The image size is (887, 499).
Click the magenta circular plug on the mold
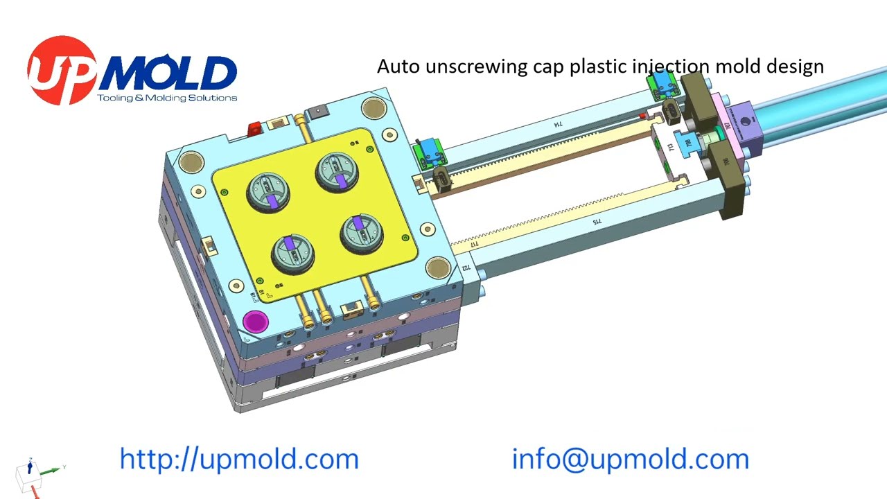tap(256, 322)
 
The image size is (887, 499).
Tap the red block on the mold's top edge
tap(254, 129)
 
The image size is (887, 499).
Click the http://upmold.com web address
tap(239, 459)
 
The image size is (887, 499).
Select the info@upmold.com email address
tap(630, 459)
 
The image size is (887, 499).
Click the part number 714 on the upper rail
tap(557, 125)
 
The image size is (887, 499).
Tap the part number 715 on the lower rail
tap(596, 222)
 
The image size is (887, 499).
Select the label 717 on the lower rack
tap(475, 244)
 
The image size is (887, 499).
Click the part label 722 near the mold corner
tap(466, 268)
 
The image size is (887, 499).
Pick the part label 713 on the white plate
tap(670, 147)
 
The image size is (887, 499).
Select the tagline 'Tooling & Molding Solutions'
tap(167, 98)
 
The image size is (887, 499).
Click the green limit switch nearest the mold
tap(431, 152)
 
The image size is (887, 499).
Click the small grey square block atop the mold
tap(317, 111)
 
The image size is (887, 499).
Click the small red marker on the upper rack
tap(643, 116)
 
